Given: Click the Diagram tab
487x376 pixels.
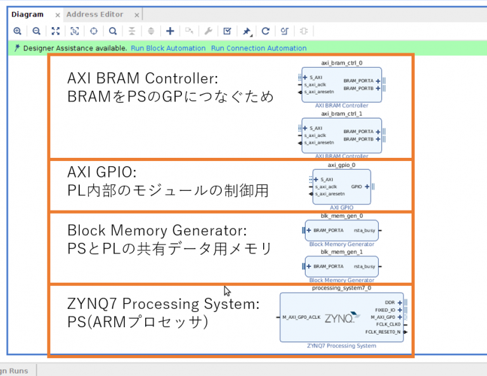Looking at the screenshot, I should click(x=27, y=15).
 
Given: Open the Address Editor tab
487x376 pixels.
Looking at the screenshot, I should click(x=94, y=15).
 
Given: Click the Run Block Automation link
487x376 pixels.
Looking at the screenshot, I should click(x=168, y=48).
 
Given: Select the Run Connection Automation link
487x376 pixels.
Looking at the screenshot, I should click(x=258, y=48).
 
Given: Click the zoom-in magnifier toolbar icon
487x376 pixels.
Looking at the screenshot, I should click(x=17, y=31).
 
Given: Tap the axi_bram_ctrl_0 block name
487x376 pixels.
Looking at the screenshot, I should click(x=341, y=63).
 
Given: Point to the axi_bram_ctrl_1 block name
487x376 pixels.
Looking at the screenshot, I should click(x=341, y=113).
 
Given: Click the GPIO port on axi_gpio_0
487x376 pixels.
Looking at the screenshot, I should click(x=356, y=186).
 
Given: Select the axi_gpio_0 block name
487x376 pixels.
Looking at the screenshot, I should click(x=341, y=165).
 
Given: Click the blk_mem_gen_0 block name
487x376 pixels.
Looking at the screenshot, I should click(x=341, y=216).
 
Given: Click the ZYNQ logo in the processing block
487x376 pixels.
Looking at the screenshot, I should click(x=337, y=318).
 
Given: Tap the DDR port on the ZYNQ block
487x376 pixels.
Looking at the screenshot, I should click(x=390, y=302).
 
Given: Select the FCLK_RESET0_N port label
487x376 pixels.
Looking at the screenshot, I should click(x=382, y=332).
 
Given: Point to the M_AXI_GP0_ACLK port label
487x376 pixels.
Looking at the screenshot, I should click(x=302, y=317).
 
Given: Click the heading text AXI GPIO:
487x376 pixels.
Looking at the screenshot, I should click(x=102, y=172).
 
